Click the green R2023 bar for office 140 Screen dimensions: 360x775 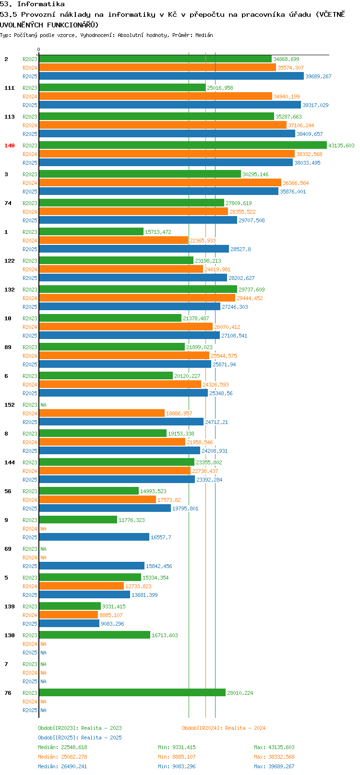tap(182, 145)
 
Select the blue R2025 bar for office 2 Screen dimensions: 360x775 tap(171, 76)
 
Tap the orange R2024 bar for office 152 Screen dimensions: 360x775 tap(102, 413)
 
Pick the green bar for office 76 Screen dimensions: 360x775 tap(132, 692)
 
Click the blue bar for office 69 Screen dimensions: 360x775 tap(92, 566)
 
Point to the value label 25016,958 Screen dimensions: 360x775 tap(220, 88)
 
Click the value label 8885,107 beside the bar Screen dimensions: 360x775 tap(111, 615)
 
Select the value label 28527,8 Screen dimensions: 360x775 tap(240, 249)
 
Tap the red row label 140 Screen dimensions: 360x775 tap(9, 145)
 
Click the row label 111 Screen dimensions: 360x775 tap(9, 88)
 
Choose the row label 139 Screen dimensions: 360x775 tap(9, 606)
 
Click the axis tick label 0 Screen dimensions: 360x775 tap(38, 49)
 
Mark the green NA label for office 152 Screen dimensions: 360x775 tap(43, 405)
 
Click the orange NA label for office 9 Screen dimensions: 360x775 tap(43, 529)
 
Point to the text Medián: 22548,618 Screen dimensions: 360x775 tap(62, 747)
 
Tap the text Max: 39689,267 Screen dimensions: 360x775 tap(274, 766)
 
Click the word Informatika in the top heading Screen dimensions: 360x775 tap(41, 4)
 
